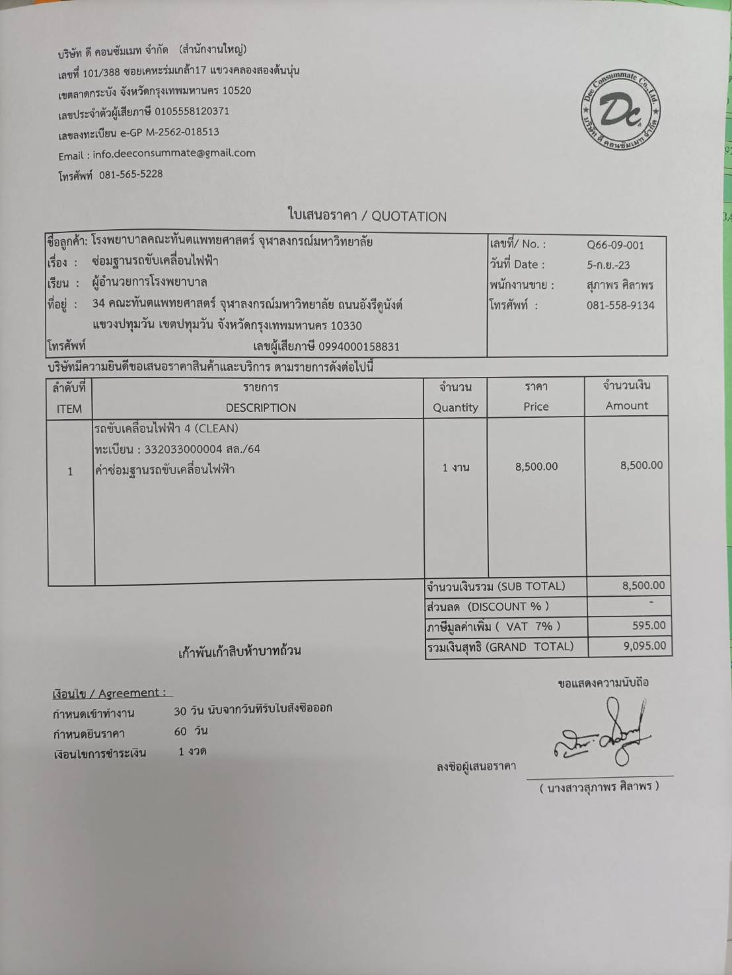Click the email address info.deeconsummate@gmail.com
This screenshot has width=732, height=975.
(x=174, y=153)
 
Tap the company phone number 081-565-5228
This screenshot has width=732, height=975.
(x=131, y=174)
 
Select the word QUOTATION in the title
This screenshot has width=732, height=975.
(x=409, y=217)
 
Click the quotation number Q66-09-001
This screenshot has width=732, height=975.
(x=615, y=245)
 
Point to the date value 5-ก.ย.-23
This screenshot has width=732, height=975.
(x=608, y=265)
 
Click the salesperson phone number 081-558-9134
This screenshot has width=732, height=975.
(x=620, y=305)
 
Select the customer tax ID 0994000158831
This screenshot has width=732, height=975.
(x=359, y=347)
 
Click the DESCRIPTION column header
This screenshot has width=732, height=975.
(x=260, y=408)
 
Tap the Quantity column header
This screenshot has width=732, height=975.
(x=455, y=408)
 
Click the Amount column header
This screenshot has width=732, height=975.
(x=627, y=406)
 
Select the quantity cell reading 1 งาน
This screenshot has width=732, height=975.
(x=455, y=467)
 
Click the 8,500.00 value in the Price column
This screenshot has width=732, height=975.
(x=536, y=467)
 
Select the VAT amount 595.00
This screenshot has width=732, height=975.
(x=649, y=625)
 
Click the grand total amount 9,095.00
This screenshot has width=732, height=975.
(x=645, y=646)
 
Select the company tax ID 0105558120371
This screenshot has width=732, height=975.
(x=192, y=112)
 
